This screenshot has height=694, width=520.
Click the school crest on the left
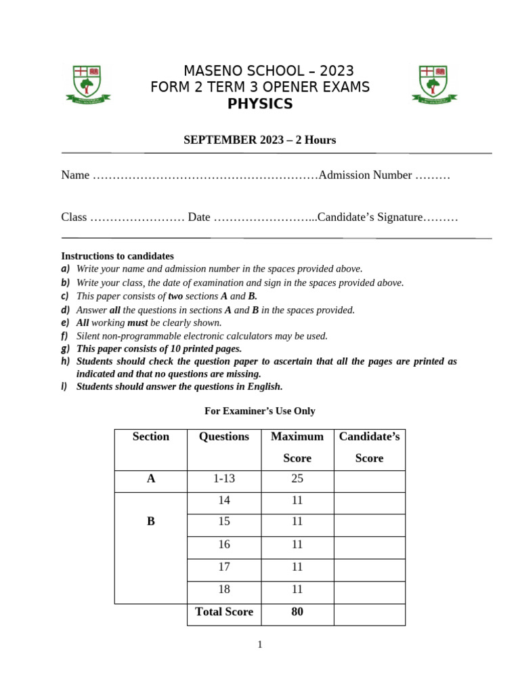(x=87, y=84)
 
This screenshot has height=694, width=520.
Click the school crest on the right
(x=433, y=84)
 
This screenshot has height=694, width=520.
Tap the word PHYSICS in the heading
(x=260, y=104)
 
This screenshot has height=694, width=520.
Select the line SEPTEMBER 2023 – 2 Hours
(x=260, y=140)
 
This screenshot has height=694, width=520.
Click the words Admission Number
(x=364, y=175)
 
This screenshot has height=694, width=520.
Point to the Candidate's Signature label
(x=370, y=218)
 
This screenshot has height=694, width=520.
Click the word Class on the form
(x=74, y=218)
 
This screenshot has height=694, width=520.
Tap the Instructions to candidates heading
(x=117, y=256)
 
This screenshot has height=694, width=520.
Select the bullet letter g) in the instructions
(x=66, y=348)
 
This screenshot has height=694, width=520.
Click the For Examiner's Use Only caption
(x=260, y=411)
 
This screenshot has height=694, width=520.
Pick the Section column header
(x=151, y=436)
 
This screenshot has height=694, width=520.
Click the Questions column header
(x=223, y=436)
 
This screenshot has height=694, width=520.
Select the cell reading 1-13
(x=223, y=478)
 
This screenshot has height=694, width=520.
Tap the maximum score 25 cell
(x=297, y=478)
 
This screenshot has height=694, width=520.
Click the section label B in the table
(x=151, y=521)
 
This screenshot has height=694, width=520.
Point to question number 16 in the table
(x=223, y=544)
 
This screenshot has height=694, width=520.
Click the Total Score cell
(x=223, y=611)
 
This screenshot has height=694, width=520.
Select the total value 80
(x=297, y=611)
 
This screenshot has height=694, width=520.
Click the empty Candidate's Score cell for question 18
(x=369, y=590)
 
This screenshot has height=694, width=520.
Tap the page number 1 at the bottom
(x=260, y=645)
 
